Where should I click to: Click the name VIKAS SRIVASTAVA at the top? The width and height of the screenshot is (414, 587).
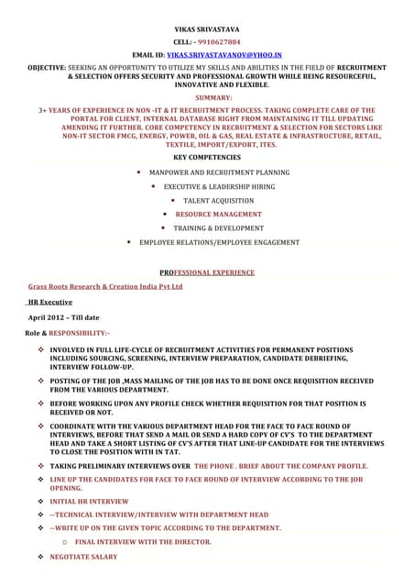(206, 30)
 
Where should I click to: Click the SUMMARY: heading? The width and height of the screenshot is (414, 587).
(207, 96)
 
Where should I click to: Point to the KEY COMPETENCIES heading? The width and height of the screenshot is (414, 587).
(207, 157)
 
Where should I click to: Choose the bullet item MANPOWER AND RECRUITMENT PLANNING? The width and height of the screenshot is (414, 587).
(219, 172)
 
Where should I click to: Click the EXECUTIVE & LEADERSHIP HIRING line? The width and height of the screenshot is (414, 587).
(219, 186)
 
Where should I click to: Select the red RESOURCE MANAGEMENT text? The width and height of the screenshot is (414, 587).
(218, 214)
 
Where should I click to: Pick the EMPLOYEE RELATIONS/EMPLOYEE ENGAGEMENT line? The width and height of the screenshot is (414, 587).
(219, 242)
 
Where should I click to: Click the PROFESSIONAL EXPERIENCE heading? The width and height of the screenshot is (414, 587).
(207, 272)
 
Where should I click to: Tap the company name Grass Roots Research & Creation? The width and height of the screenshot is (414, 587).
(105, 286)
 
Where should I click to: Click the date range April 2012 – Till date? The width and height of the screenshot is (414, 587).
(64, 316)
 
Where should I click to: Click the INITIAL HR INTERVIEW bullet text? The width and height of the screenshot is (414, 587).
(89, 502)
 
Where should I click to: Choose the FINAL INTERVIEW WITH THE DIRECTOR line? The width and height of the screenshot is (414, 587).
(143, 542)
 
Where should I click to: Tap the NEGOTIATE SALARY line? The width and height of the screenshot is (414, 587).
(83, 557)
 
